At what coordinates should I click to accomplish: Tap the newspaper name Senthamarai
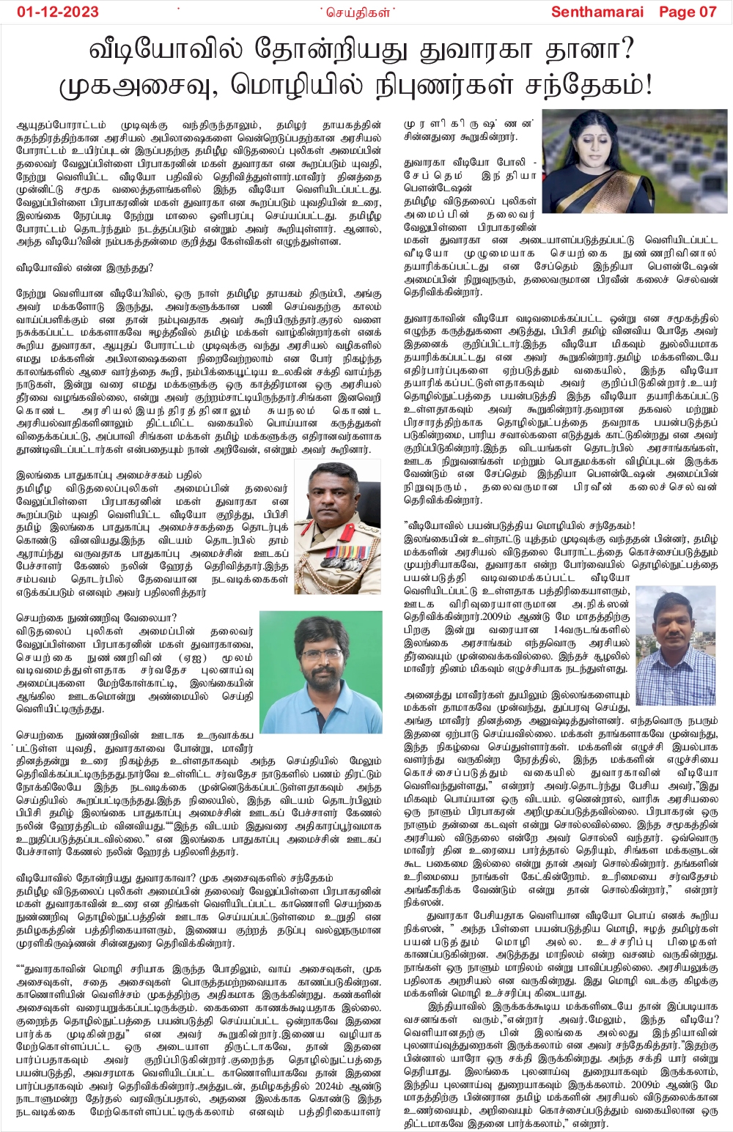[x=597, y=12]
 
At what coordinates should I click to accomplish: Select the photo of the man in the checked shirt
[x=674, y=634]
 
